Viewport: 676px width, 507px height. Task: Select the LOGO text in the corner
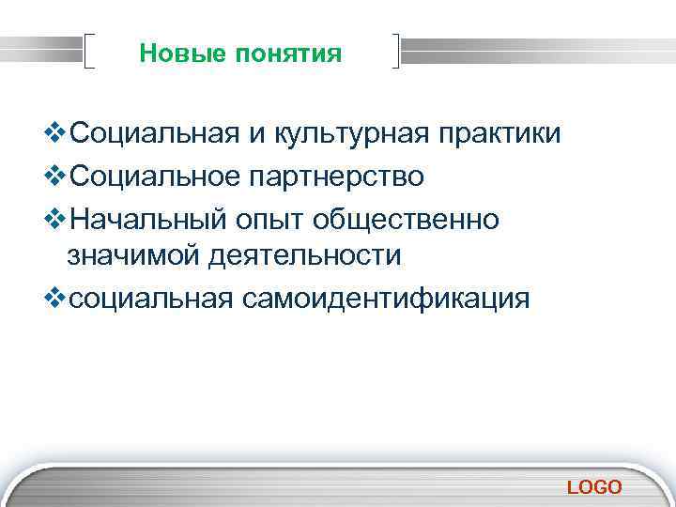pos(594,486)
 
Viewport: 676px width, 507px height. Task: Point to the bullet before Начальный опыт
pos(55,218)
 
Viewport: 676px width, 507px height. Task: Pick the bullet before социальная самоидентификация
pos(55,300)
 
